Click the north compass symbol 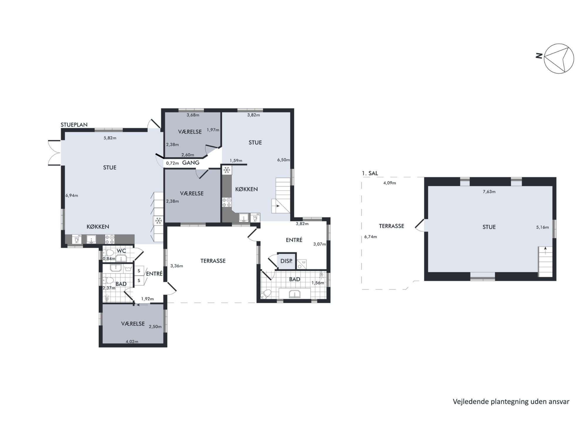pyautogui.click(x=559, y=58)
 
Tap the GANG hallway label pyautogui.click(x=191, y=163)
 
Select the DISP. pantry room pyautogui.click(x=286, y=261)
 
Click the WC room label pyautogui.click(x=121, y=251)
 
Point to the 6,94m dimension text pyautogui.click(x=72, y=195)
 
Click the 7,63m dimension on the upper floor pyautogui.click(x=489, y=192)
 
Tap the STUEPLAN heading pyautogui.click(x=74, y=125)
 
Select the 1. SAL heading pyautogui.click(x=370, y=173)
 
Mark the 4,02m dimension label pyautogui.click(x=132, y=342)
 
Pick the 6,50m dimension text pyautogui.click(x=284, y=160)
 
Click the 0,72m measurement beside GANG pyautogui.click(x=172, y=163)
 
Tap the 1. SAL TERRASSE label pyautogui.click(x=392, y=226)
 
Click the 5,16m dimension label pyautogui.click(x=542, y=227)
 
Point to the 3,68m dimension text pyautogui.click(x=193, y=115)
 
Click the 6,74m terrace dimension pyautogui.click(x=370, y=237)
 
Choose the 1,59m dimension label pyautogui.click(x=236, y=161)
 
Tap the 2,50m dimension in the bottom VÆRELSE pyautogui.click(x=155, y=327)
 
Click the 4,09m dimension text pyautogui.click(x=389, y=183)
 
